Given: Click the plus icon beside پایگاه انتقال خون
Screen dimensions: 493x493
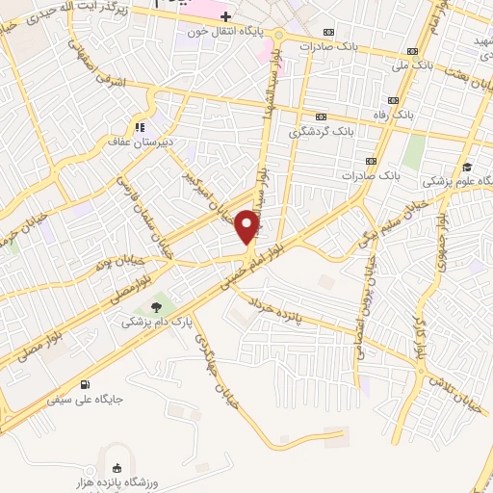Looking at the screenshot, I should tap(225, 16).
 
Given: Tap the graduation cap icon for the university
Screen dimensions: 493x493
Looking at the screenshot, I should tap(468, 166).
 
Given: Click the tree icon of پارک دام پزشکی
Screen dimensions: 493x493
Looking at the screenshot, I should tap(156, 307).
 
